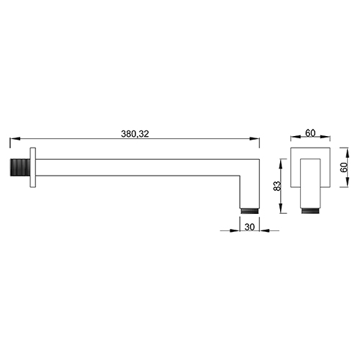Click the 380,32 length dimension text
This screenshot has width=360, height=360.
pyautogui.click(x=136, y=132)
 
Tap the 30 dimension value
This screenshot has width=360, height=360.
pyautogui.click(x=249, y=225)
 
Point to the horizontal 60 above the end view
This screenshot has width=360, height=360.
pyautogui.click(x=310, y=132)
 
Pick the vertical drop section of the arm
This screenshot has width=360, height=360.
pyautogui.click(x=250, y=189)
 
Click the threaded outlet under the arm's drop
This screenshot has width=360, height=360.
pyautogui.click(x=250, y=209)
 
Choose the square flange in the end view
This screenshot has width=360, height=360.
pyautogui.click(x=311, y=168)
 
